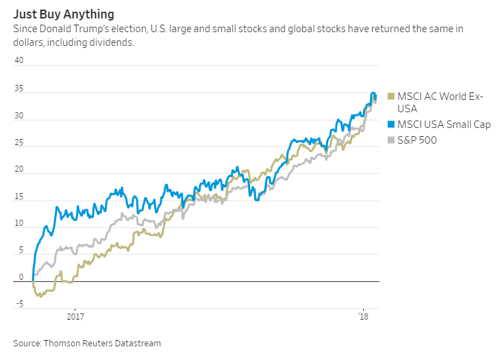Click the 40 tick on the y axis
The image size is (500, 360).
[x=19, y=60]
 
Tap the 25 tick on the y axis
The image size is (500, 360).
[x=19, y=143]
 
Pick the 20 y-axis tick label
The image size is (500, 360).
[x=19, y=170]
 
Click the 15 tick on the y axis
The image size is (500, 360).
[x=19, y=197]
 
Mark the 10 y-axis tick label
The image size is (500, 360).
[x=19, y=224]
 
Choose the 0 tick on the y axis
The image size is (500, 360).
[x=21, y=278]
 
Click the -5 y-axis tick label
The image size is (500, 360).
[x=20, y=305]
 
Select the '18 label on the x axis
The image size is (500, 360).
[x=364, y=317]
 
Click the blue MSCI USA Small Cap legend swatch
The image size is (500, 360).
[x=391, y=125]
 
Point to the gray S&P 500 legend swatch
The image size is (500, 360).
[x=391, y=140]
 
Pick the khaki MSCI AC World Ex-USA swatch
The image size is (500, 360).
[x=391, y=97]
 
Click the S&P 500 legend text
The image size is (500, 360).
[x=418, y=140]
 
